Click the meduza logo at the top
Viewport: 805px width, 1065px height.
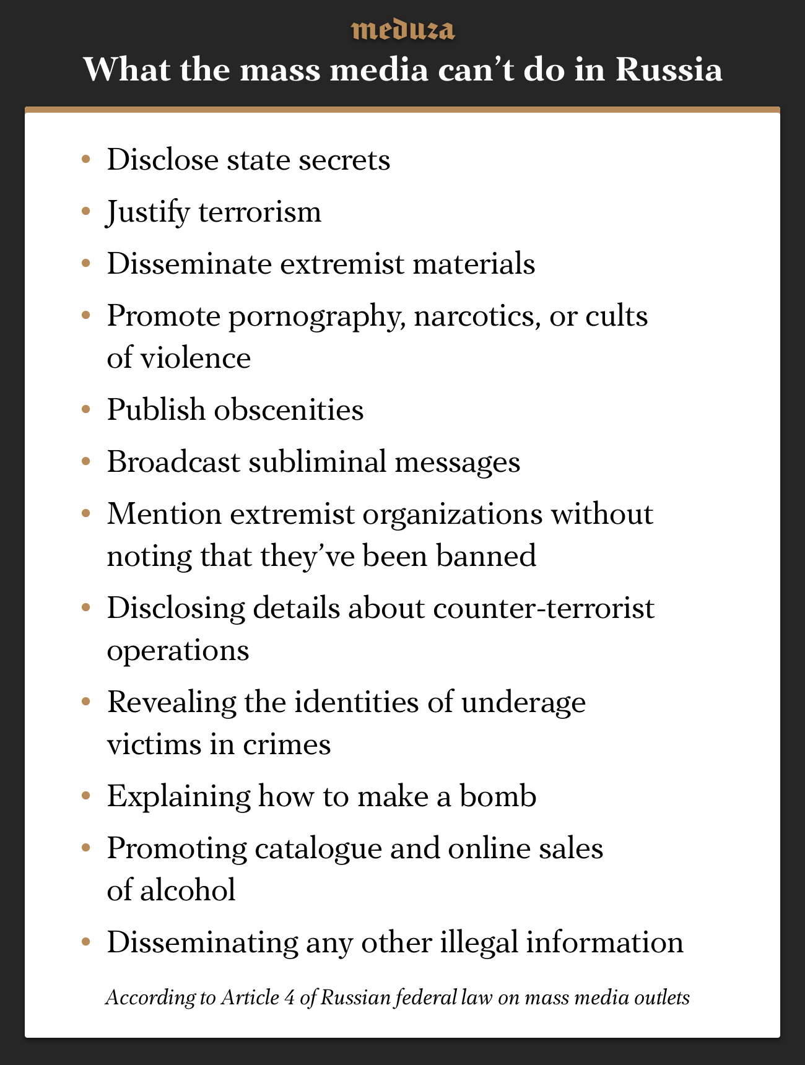[402, 30]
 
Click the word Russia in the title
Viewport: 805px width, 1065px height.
[669, 69]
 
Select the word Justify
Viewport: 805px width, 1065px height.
[148, 212]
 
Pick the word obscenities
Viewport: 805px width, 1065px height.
[289, 409]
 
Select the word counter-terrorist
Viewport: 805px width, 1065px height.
[544, 608]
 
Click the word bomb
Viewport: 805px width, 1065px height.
[498, 796]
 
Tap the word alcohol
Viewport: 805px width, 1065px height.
[188, 890]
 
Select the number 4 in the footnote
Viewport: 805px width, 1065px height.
[289, 998]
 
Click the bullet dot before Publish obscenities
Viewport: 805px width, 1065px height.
[86, 410]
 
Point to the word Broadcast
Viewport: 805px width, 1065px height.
[173, 462]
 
